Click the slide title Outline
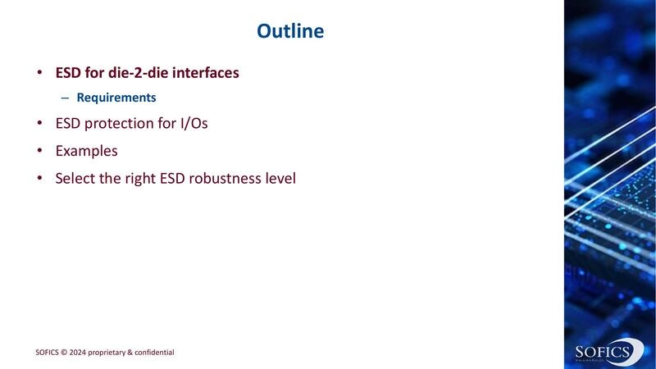click(x=290, y=31)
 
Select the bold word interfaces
click(x=205, y=73)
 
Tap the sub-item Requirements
click(x=116, y=98)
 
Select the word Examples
click(x=86, y=151)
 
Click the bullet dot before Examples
click(x=39, y=151)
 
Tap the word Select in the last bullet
click(x=75, y=177)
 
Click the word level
click(x=279, y=177)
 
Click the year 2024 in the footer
click(x=85, y=353)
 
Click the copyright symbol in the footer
click(x=71, y=353)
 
